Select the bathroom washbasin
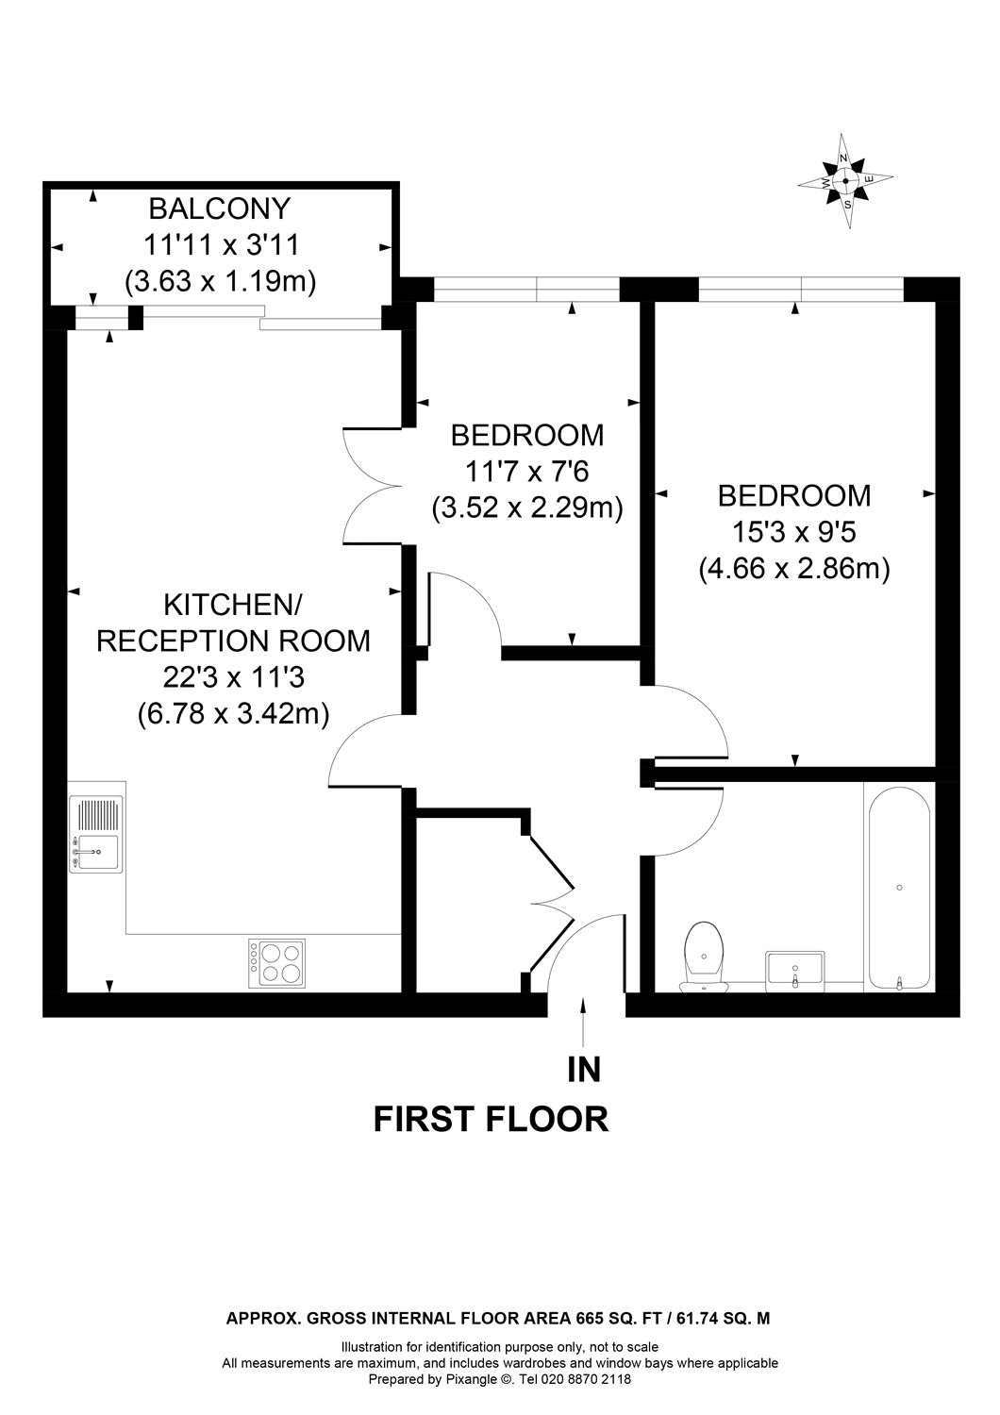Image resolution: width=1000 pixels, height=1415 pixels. click(795, 969)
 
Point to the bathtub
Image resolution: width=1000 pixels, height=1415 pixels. click(899, 888)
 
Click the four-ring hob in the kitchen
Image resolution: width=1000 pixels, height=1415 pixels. click(276, 963)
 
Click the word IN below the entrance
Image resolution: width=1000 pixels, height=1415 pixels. click(584, 1069)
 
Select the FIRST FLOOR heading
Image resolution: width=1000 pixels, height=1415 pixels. click(491, 1119)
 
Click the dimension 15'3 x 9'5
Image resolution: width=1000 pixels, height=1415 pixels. click(793, 533)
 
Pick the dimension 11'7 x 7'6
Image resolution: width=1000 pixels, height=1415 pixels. click(527, 472)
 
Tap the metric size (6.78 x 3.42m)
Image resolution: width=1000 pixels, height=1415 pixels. click(233, 713)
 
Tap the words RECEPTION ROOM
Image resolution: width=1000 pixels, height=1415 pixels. click(233, 641)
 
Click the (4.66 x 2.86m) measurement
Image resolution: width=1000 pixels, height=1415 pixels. click(794, 569)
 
